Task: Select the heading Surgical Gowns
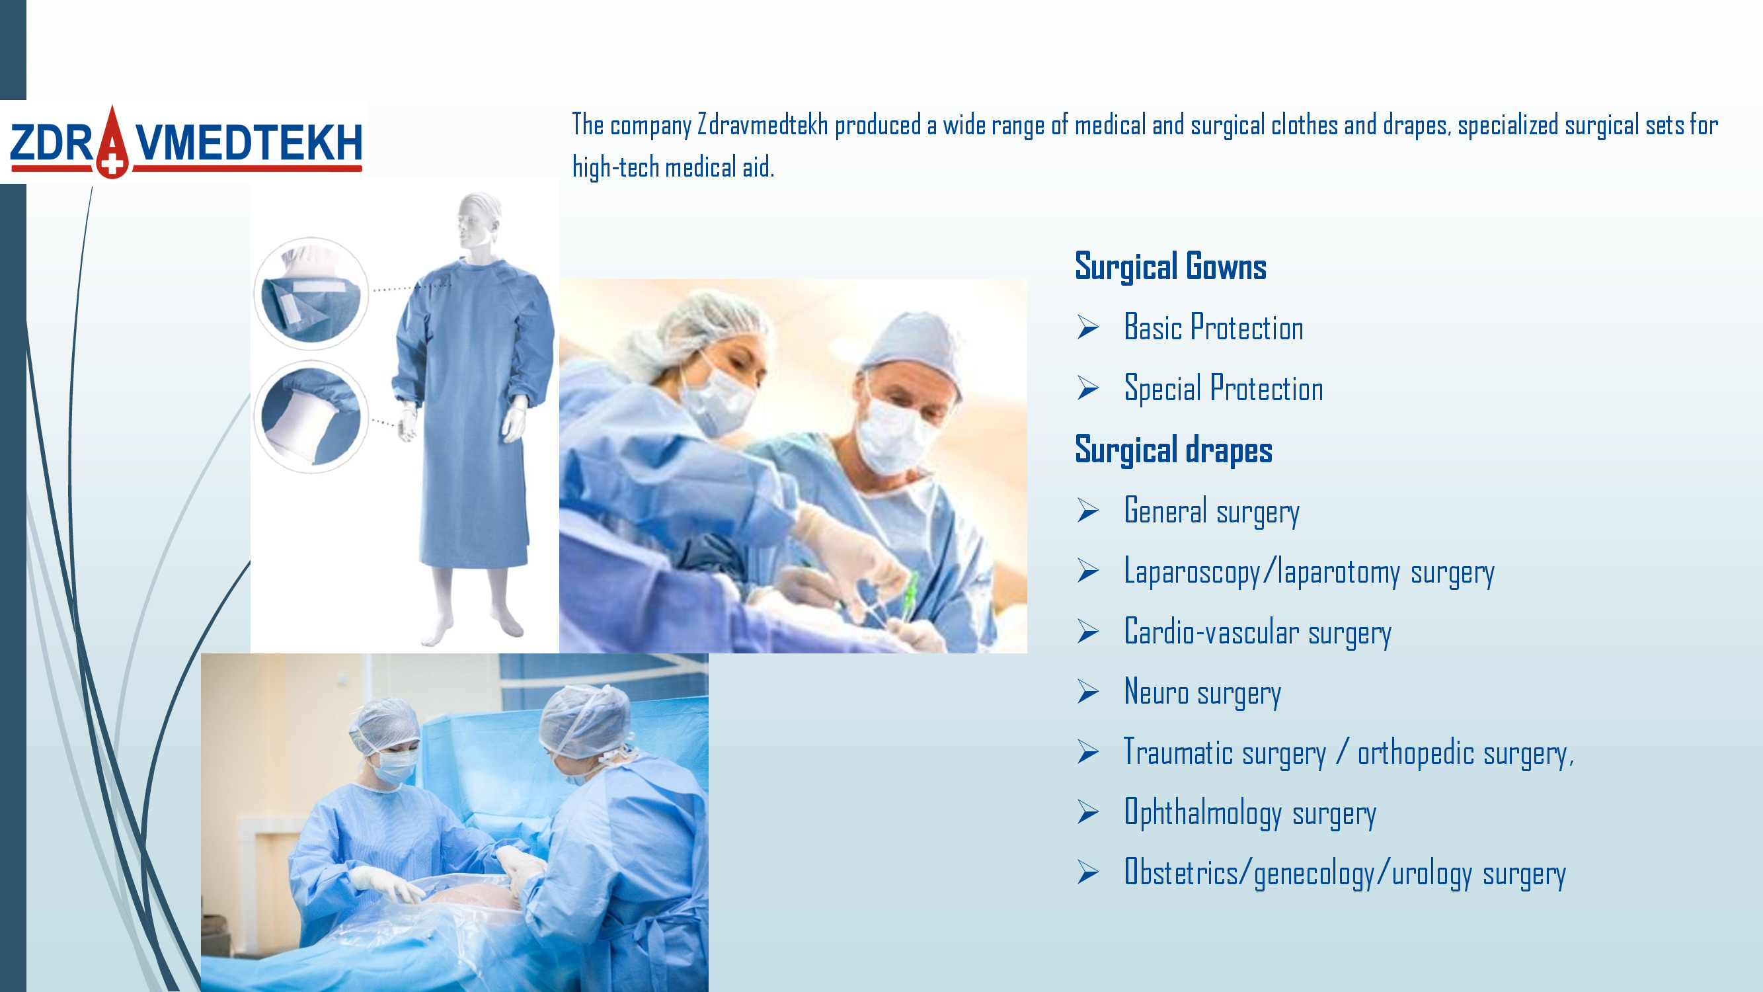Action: [x=1170, y=267]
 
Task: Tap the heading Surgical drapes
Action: [x=1173, y=450]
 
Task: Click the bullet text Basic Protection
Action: [x=1214, y=327]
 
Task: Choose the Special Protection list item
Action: [x=1224, y=388]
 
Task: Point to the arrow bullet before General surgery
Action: [x=1087, y=510]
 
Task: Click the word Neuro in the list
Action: [x=1156, y=692]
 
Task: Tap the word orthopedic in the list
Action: [x=1416, y=753]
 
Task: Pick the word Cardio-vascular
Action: [x=1212, y=631]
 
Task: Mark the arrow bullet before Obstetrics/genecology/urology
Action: [x=1087, y=872]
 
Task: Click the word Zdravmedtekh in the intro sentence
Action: [x=762, y=125]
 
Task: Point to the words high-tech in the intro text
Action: [x=615, y=167]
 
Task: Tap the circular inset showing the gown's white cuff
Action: [x=311, y=417]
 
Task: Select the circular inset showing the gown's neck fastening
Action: [x=311, y=293]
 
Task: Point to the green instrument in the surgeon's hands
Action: [x=911, y=591]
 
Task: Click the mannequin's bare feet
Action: [x=472, y=626]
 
